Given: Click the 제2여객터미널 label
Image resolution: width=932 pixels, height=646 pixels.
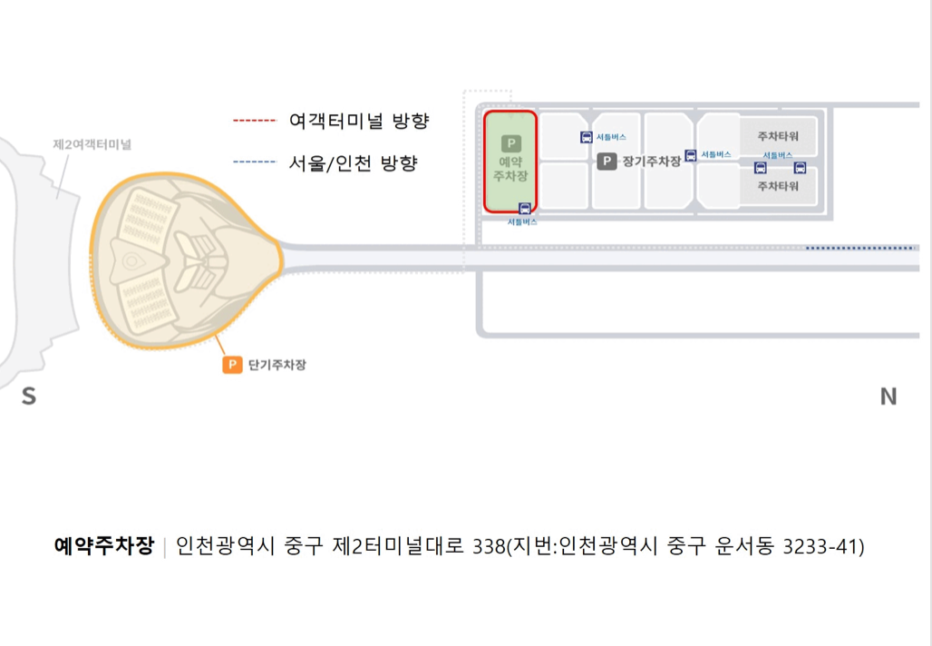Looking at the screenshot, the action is [x=92, y=144].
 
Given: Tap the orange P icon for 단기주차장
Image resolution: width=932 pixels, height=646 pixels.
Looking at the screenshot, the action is [x=232, y=365].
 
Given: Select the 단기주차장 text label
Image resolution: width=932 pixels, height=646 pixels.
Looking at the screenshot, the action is [x=277, y=365].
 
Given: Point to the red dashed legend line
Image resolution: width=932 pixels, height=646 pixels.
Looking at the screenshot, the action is [x=254, y=121].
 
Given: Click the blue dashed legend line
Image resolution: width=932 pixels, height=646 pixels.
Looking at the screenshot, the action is [x=254, y=162].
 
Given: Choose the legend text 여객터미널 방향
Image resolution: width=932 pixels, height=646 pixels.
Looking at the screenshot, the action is [x=358, y=121].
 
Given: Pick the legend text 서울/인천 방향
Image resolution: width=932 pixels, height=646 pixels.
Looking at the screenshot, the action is [x=353, y=163].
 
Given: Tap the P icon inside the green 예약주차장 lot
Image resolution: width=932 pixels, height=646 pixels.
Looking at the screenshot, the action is [x=510, y=144].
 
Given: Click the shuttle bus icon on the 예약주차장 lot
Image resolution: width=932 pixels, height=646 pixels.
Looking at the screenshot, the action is [x=524, y=209].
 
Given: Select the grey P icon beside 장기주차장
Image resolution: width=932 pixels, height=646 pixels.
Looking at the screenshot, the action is [x=607, y=161].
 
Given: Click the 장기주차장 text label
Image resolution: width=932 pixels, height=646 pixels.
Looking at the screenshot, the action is [x=651, y=161].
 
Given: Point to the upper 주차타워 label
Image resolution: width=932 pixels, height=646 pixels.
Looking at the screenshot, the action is [x=778, y=136].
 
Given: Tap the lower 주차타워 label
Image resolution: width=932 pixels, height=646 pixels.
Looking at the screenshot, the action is [x=778, y=186].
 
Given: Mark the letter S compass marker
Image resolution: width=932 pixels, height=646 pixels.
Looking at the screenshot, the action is [x=29, y=396].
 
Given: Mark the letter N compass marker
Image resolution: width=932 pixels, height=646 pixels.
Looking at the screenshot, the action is [x=888, y=396].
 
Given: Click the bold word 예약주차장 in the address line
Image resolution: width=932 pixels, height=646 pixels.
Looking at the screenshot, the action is [x=104, y=546].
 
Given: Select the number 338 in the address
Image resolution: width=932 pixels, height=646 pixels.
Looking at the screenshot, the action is [x=488, y=546].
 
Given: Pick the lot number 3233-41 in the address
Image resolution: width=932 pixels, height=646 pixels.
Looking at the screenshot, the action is [x=818, y=546].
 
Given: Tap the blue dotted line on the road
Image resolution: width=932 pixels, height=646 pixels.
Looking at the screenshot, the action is [x=859, y=248].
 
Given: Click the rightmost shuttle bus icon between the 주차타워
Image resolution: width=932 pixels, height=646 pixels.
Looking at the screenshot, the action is [x=800, y=168].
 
